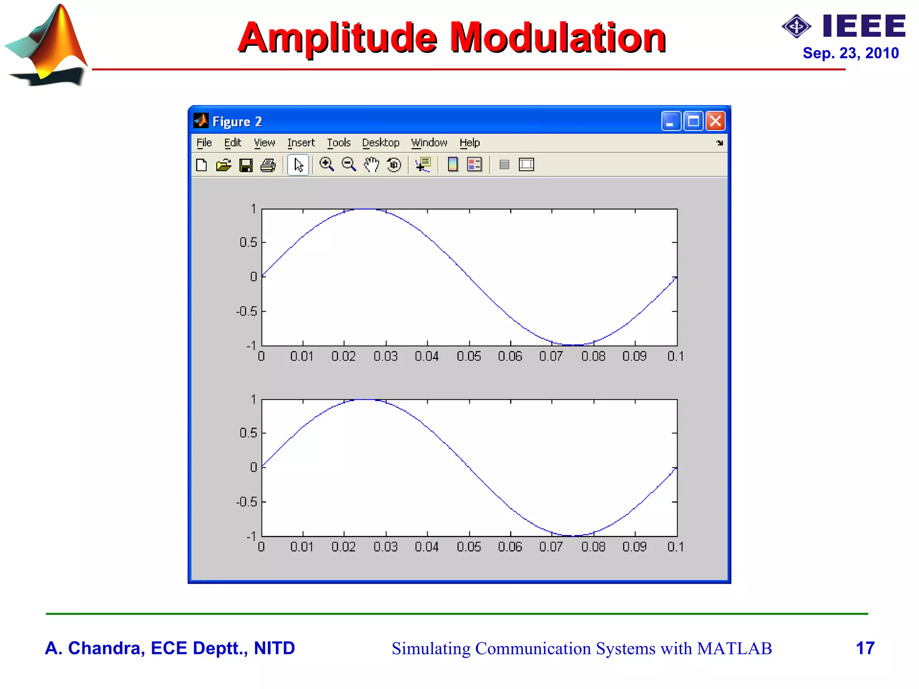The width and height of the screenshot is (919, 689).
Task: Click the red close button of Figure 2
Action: tap(715, 121)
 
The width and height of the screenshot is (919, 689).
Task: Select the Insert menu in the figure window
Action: tap(301, 143)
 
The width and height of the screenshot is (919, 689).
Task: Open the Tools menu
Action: tap(338, 143)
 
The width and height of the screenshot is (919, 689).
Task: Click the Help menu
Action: tap(469, 143)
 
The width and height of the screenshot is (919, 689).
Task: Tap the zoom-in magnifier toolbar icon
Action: tap(326, 165)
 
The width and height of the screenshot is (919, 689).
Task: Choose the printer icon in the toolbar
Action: tap(268, 165)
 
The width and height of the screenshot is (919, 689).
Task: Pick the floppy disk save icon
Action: tap(245, 165)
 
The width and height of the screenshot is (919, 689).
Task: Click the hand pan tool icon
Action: tap(371, 165)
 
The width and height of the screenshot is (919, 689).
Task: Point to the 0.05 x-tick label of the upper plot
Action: tap(468, 356)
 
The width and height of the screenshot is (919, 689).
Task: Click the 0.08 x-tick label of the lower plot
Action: tap(593, 547)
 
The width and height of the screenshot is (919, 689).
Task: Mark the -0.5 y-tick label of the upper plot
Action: tap(247, 311)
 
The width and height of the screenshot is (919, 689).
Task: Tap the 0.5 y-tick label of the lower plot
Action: tap(248, 433)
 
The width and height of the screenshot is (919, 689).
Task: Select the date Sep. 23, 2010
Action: tap(850, 53)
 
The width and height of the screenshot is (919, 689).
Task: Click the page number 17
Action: tap(865, 648)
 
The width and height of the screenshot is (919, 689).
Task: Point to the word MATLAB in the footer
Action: tap(734, 649)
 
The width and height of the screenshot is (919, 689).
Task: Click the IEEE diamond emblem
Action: tap(796, 26)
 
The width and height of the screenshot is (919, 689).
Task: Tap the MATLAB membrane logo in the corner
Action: tap(47, 45)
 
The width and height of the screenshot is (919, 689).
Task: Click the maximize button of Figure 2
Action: tap(693, 121)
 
